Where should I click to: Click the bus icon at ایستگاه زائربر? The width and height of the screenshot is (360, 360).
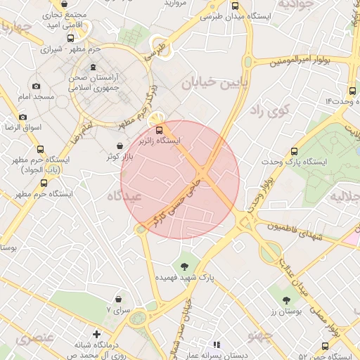(160, 129)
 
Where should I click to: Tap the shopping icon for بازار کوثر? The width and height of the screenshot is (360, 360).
(121, 145)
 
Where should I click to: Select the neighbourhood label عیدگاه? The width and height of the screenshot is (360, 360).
(124, 198)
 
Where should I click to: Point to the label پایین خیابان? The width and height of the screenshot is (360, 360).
(215, 85)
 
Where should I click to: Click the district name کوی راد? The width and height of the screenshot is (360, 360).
(269, 110)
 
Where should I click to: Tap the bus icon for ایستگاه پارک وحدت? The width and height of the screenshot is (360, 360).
(294, 150)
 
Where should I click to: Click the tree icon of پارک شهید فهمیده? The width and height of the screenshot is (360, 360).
(185, 266)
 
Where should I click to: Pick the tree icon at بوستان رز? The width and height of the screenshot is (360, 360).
(286, 300)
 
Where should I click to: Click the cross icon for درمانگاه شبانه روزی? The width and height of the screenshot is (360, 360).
(96, 334)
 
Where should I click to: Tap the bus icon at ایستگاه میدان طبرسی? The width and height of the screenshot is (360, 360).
(234, 5)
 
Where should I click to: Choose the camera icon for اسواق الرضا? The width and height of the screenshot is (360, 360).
(22, 117)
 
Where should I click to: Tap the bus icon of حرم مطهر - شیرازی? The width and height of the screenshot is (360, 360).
(70, 39)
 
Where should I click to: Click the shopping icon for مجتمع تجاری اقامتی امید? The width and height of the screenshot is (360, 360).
(65, 4)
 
